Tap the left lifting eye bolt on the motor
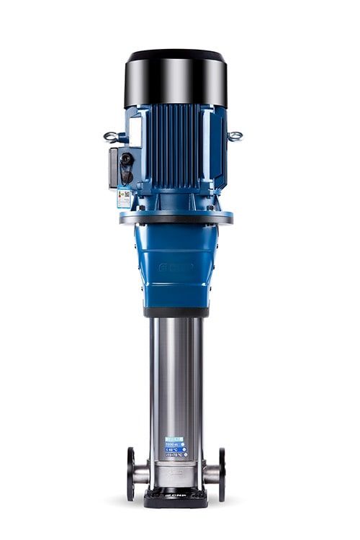(111, 136)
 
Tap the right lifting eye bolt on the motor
(235, 135)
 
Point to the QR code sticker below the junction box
(124, 198)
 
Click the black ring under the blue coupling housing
(176, 312)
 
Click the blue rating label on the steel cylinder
(175, 447)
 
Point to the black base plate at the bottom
(176, 496)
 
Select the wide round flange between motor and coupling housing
(176, 217)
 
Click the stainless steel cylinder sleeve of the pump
(176, 374)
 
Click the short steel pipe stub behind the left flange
(143, 473)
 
